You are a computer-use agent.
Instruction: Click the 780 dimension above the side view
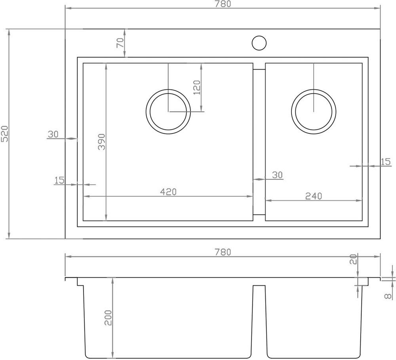click(x=223, y=252)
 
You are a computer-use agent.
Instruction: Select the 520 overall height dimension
click(x=5, y=133)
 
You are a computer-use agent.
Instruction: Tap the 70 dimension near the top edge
click(x=120, y=43)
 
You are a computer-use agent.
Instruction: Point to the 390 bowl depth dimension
click(x=101, y=142)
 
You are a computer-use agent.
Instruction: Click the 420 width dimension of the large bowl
click(x=168, y=192)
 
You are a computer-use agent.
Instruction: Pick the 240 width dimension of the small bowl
click(x=314, y=196)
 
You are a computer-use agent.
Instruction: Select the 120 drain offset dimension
click(x=196, y=88)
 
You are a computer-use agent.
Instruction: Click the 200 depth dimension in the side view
click(x=108, y=318)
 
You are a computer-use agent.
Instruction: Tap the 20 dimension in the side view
click(x=353, y=259)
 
